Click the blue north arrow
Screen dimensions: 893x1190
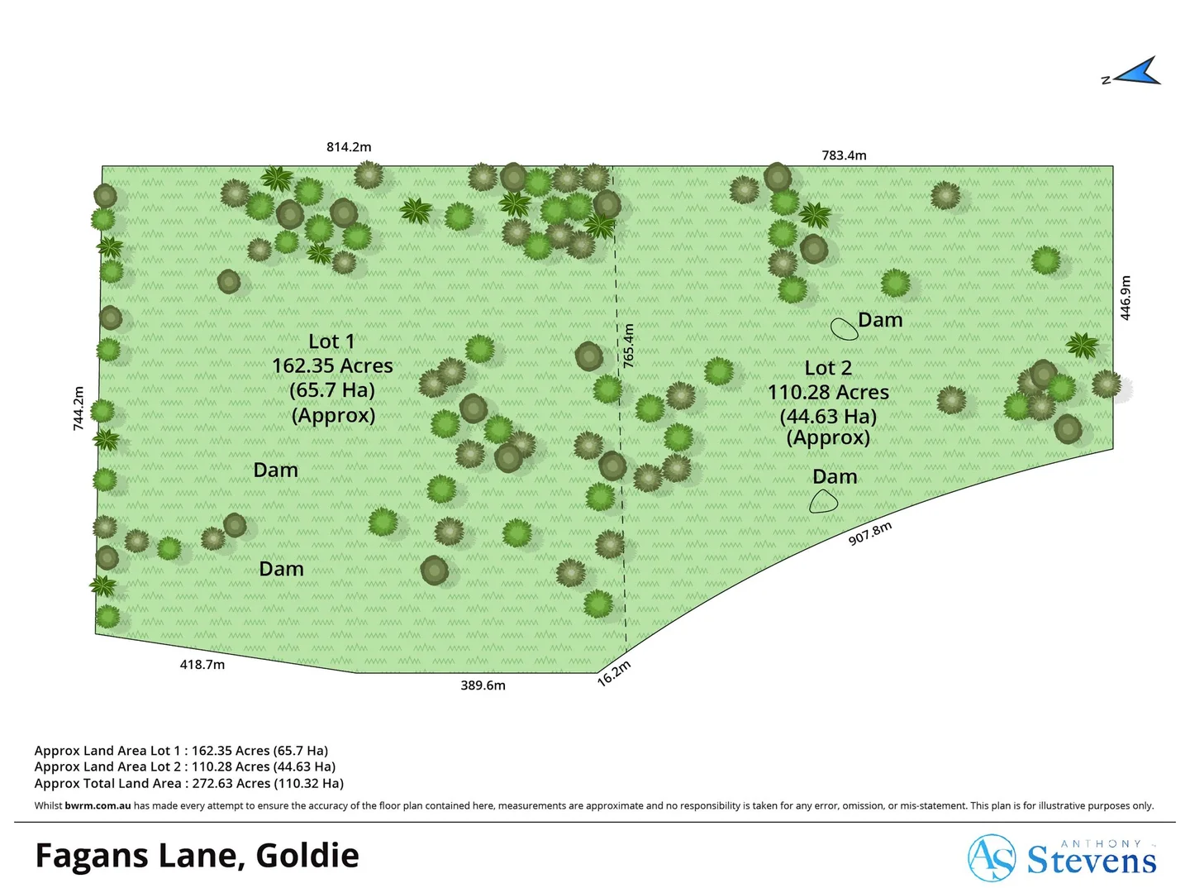1138,73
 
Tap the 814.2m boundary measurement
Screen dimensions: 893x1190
349,147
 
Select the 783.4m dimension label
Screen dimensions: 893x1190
844,155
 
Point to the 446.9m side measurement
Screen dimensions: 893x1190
1126,298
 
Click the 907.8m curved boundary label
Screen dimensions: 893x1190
870,533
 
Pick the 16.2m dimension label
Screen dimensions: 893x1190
614,673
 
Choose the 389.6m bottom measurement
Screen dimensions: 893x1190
483,685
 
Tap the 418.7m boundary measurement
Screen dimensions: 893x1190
202,665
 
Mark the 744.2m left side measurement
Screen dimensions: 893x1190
79,408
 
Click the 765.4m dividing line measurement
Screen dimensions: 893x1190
629,346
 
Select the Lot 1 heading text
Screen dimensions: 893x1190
331,341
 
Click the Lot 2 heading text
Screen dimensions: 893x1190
828,368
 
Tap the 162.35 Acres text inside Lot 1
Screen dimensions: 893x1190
332,365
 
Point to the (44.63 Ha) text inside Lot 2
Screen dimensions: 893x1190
828,416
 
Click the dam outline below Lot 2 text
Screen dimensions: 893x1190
823,501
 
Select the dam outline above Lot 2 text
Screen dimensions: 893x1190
844,329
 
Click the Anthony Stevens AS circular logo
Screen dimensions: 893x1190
992,858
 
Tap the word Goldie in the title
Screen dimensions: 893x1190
307,856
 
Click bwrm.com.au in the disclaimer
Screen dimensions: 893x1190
98,805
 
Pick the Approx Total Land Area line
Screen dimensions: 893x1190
188,783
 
